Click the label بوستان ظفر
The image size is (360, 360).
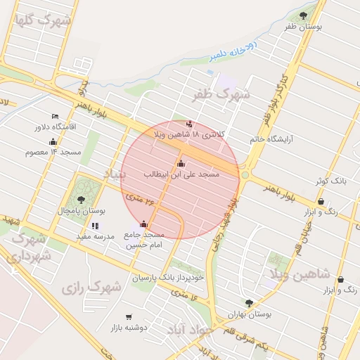coord(303,27)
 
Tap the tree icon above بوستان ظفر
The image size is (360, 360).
coord(303,15)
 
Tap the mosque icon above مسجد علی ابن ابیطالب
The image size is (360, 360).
coord(181,163)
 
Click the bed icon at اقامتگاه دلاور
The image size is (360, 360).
coord(55,116)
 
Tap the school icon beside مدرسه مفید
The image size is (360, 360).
coord(95,226)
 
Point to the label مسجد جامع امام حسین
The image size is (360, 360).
coord(144,240)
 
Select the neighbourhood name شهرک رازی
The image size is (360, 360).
coord(91,287)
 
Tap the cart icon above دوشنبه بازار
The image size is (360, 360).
coord(128,317)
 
